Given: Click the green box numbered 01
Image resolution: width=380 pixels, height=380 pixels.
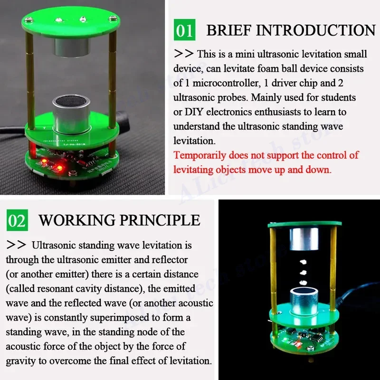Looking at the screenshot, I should (184, 29).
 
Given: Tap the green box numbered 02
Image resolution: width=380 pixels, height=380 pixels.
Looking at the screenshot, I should (17, 220).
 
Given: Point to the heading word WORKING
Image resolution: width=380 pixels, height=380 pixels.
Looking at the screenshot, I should (77, 220).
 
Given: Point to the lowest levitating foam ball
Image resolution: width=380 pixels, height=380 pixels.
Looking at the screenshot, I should (302, 284).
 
